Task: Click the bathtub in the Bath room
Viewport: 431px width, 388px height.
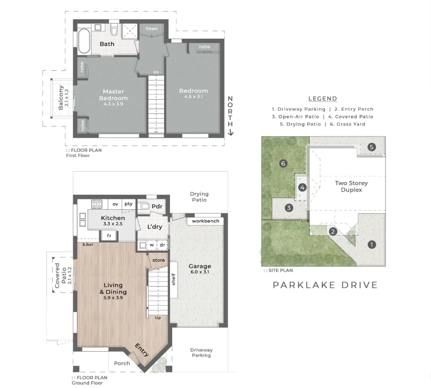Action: point(84,41)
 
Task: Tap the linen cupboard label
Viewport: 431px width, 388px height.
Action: point(152,29)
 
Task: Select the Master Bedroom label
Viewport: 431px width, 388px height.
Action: point(113,95)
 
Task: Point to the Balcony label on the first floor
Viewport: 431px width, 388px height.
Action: point(61,98)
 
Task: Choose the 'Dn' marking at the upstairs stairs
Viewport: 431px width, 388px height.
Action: point(156,72)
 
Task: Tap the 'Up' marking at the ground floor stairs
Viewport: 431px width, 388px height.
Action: point(158,318)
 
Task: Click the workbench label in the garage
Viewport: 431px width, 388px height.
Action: point(205,221)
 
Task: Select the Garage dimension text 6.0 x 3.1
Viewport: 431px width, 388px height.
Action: point(200,272)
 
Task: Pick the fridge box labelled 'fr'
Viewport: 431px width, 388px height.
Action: point(109,236)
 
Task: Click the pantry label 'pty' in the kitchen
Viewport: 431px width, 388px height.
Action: point(128,204)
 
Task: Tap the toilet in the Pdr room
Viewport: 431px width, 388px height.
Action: point(144,206)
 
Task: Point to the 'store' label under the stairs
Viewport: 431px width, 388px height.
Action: point(159,260)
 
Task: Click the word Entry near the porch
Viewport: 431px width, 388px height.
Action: point(142,350)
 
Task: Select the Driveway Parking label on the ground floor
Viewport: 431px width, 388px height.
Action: point(201,353)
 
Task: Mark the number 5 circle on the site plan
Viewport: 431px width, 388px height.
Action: point(371,147)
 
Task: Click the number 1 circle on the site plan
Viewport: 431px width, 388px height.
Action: point(372,244)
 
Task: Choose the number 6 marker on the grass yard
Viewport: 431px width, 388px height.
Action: point(283,164)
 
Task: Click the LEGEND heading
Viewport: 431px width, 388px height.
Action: point(323,99)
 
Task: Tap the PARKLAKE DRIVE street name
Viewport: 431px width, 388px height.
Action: point(325,285)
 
